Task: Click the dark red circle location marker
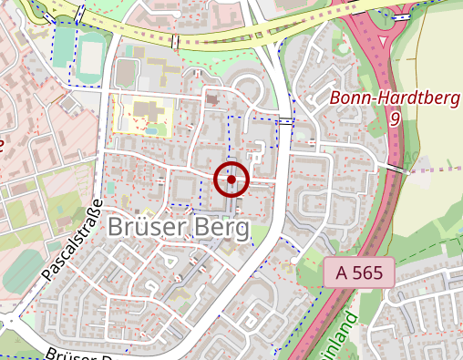231,180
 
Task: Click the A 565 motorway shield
358,272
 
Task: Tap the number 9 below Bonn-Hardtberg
395,118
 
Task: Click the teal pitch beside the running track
62,46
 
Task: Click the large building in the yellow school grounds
140,113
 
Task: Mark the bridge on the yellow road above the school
174,42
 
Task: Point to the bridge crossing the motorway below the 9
394,169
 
